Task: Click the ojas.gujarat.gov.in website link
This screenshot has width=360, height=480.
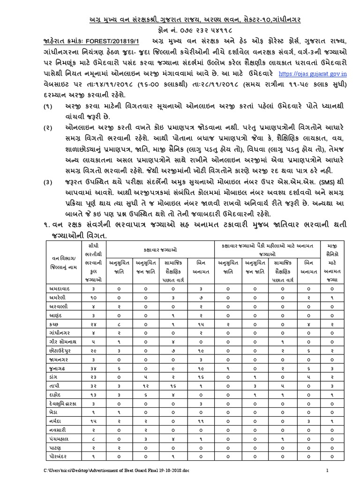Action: (313, 74)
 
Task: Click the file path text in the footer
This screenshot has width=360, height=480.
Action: (111, 470)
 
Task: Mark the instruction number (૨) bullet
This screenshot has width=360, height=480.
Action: (48, 127)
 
